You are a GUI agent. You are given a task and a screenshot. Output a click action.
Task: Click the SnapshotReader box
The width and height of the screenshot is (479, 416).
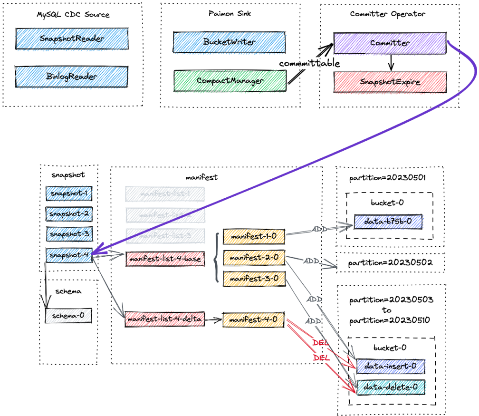pyautogui.click(x=72, y=39)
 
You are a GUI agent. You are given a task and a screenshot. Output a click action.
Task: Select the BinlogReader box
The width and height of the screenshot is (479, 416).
pyautogui.click(x=72, y=76)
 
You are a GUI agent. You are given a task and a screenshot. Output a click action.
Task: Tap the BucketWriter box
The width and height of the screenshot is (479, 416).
pyautogui.click(x=229, y=42)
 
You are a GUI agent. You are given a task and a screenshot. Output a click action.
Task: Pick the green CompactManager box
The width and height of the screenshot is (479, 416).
pyautogui.click(x=230, y=80)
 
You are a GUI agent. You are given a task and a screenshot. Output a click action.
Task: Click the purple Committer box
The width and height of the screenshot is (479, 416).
pyautogui.click(x=390, y=43)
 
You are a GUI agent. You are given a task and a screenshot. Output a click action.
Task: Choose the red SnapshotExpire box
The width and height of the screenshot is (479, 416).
pyautogui.click(x=390, y=82)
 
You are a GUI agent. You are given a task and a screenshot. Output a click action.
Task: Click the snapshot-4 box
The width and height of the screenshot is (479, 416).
pyautogui.click(x=69, y=254)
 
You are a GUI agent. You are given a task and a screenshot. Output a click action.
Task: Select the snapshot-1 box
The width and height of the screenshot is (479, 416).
pyautogui.click(x=69, y=193)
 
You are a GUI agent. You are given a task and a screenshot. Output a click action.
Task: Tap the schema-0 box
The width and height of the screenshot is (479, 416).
pyautogui.click(x=68, y=315)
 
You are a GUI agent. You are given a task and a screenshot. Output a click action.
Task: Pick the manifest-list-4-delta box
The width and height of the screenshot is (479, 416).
pyautogui.click(x=165, y=320)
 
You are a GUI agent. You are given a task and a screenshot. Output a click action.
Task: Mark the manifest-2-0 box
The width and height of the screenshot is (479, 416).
pyautogui.click(x=254, y=257)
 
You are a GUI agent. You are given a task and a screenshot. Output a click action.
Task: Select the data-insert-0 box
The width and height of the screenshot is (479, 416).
pyautogui.click(x=390, y=366)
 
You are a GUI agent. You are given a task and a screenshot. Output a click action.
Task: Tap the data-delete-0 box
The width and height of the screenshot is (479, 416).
pyautogui.click(x=390, y=387)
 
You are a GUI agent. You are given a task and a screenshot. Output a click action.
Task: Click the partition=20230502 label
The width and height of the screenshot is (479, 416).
pyautogui.click(x=391, y=262)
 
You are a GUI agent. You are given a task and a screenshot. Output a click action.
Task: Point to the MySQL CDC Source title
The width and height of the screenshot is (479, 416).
pyautogui.click(x=73, y=14)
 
